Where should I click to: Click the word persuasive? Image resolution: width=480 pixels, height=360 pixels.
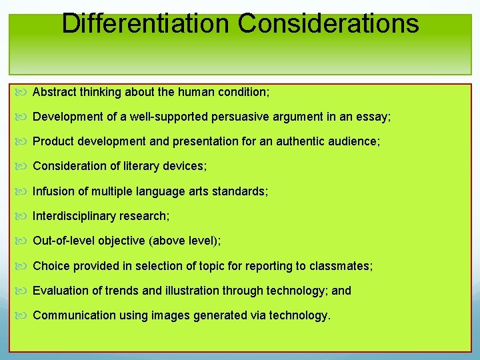point(241,117)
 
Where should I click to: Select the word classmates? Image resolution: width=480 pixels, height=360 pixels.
point(343,266)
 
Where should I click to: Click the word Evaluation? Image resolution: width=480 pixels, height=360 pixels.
point(59,291)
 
